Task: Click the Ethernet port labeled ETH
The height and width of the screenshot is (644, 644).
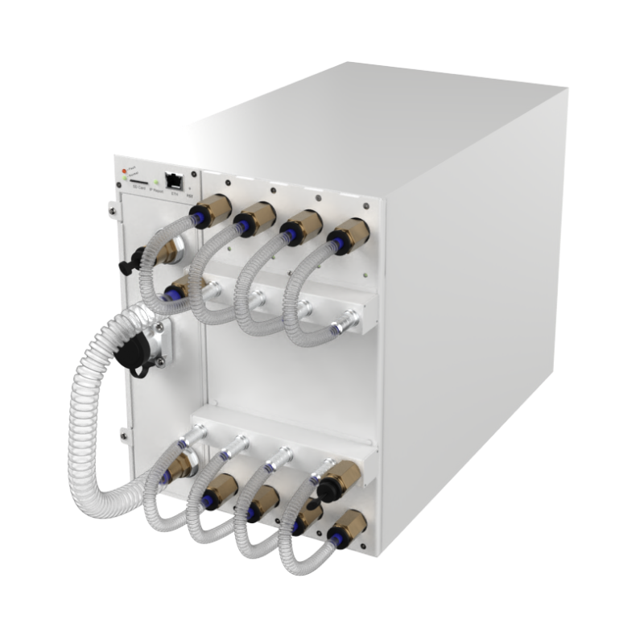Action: click(x=172, y=181)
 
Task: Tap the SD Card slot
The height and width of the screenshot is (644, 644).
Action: click(x=138, y=183)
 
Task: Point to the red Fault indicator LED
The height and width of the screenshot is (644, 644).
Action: click(x=124, y=171)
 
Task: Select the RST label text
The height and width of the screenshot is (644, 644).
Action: click(x=189, y=195)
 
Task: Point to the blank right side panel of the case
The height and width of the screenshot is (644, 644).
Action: click(x=483, y=282)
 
